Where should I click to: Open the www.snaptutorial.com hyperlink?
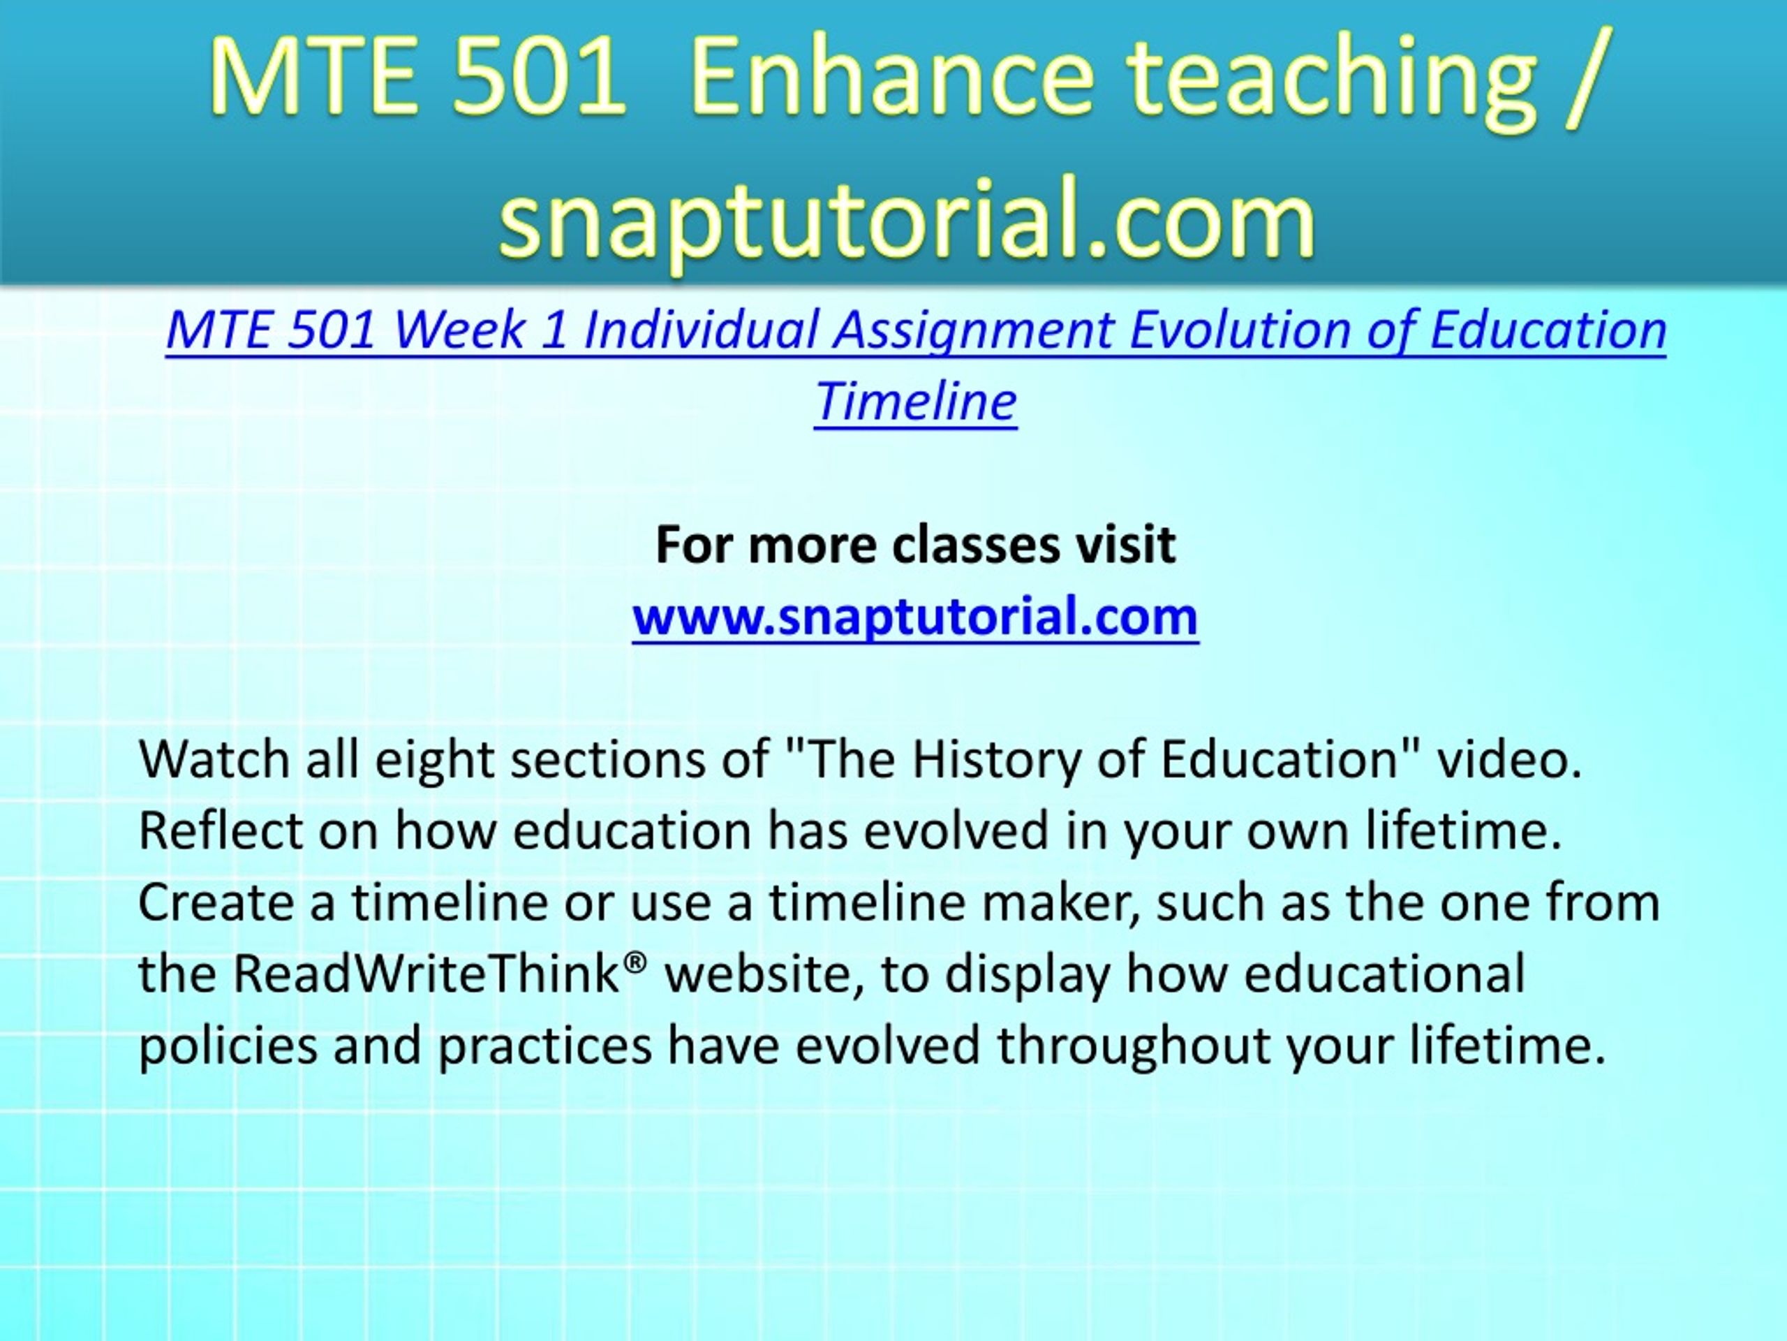coord(915,617)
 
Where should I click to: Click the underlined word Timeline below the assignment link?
coord(915,401)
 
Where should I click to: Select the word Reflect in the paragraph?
coord(221,830)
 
